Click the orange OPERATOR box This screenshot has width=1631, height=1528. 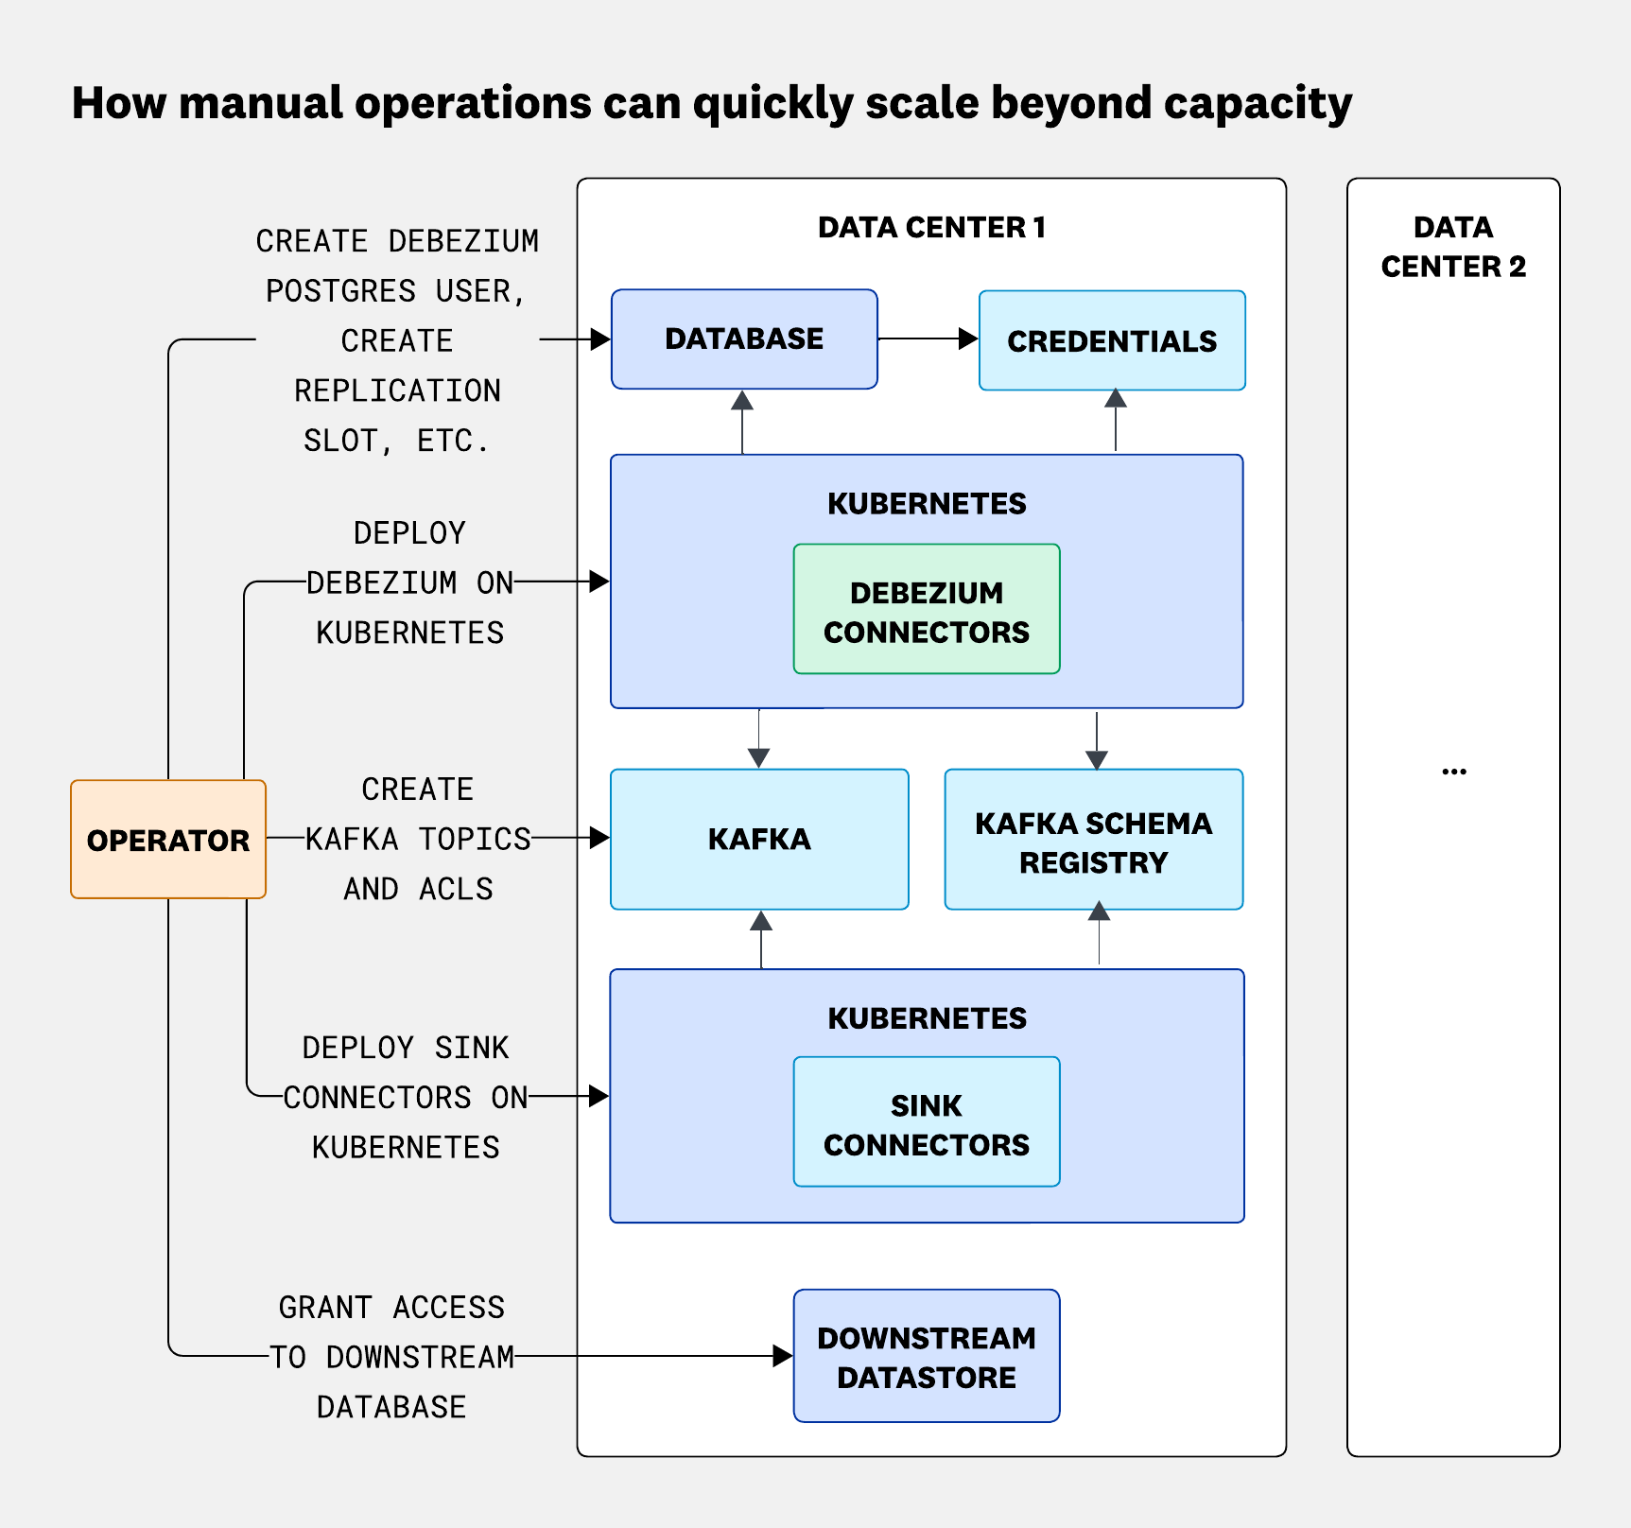click(x=168, y=840)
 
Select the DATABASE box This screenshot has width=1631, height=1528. click(x=744, y=339)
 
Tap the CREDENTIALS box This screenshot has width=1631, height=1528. click(x=1112, y=340)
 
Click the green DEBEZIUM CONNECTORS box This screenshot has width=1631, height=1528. click(x=927, y=610)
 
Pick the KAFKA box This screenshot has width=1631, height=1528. click(x=759, y=840)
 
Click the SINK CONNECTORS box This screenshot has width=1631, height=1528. click(x=927, y=1123)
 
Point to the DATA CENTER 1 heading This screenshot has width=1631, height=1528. click(x=931, y=228)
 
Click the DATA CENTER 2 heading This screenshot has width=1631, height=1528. click(x=1453, y=247)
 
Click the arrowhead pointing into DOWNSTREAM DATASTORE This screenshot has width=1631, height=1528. click(x=783, y=1356)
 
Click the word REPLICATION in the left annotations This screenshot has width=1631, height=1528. click(x=397, y=391)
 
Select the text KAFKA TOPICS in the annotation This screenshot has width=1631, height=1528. click(x=418, y=839)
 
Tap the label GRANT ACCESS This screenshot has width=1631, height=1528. click(x=391, y=1307)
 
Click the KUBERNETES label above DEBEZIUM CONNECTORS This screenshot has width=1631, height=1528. click(x=927, y=504)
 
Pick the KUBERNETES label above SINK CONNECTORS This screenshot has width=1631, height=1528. click(x=927, y=1018)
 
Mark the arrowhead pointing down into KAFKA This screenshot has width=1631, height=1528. click(x=758, y=757)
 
